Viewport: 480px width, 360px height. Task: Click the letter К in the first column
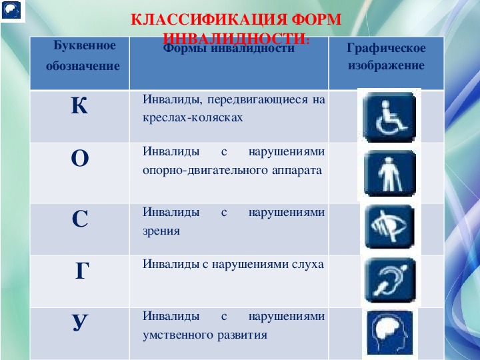[79, 105]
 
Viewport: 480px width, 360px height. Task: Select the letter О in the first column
[80, 158]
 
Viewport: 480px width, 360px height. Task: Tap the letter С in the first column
[80, 219]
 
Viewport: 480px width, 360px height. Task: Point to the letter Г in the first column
[82, 271]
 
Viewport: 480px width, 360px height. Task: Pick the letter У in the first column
[80, 323]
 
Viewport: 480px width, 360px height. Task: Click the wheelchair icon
[389, 117]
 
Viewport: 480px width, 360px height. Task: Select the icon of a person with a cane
[390, 173]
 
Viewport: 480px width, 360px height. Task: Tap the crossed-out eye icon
[389, 227]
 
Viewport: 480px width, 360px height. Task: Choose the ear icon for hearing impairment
[390, 280]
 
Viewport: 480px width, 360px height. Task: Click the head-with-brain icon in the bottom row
[389, 333]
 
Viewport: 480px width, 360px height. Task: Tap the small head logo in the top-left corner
[11, 10]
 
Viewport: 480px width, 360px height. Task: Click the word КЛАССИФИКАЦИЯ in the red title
[209, 19]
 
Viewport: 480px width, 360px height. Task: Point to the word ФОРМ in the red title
[316, 19]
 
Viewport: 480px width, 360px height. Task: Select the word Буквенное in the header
[85, 45]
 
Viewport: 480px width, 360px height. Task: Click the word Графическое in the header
[386, 49]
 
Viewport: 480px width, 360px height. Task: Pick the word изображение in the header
[386, 65]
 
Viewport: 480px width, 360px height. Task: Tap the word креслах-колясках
[193, 117]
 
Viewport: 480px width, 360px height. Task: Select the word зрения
[161, 231]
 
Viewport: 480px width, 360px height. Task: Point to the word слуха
[307, 264]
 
